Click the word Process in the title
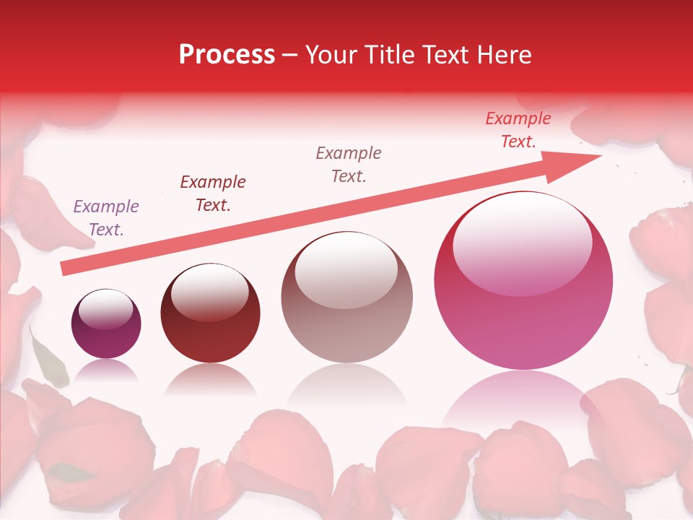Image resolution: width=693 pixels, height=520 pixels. click(x=227, y=55)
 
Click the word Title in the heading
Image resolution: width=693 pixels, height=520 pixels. click(x=388, y=55)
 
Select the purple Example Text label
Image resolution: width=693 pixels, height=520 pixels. click(x=106, y=218)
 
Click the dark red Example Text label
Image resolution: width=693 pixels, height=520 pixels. click(x=213, y=194)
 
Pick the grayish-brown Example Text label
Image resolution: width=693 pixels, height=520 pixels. click(x=349, y=164)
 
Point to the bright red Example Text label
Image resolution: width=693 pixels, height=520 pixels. click(x=518, y=130)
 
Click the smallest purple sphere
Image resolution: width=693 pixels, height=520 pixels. click(x=106, y=324)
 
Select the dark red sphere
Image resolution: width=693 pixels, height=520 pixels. click(x=210, y=313)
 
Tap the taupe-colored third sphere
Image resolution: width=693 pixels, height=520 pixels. click(x=347, y=297)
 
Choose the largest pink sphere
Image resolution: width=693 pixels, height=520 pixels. click(x=523, y=280)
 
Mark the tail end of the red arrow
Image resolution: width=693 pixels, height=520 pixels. click(x=64, y=269)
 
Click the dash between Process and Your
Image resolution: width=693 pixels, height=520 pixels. click(x=290, y=55)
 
